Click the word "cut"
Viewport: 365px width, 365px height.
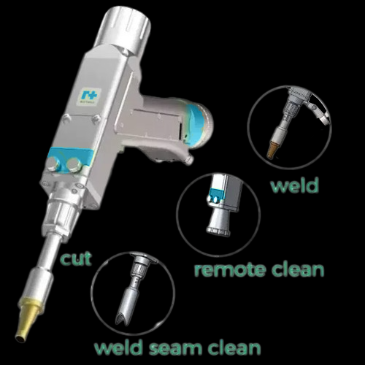76,259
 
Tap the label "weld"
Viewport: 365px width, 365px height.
295,185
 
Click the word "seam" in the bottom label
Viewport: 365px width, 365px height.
176,348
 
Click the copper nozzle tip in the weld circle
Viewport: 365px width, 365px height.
273,148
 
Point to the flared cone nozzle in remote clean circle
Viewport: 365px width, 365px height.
218,221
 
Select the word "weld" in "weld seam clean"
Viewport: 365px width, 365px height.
118,348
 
